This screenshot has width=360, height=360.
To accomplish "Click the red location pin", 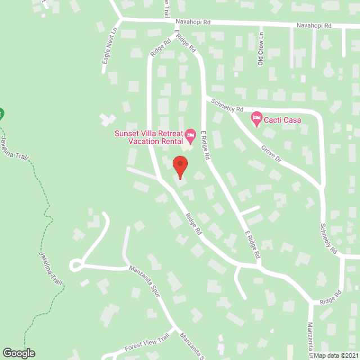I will pos(180,165).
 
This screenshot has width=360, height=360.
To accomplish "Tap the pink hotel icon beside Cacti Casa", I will pos(256,119).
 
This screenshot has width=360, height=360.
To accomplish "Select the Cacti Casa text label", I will pos(283,120).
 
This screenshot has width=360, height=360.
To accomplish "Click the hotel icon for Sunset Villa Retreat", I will pos(191,134).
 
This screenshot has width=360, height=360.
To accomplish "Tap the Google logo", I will pos(18,353).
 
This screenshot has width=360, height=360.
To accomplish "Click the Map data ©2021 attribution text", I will pos(336,355).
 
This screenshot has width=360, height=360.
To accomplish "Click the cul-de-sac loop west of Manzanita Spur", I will pos(75,264).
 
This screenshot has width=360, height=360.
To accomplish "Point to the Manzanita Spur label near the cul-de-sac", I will pos(145,281).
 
